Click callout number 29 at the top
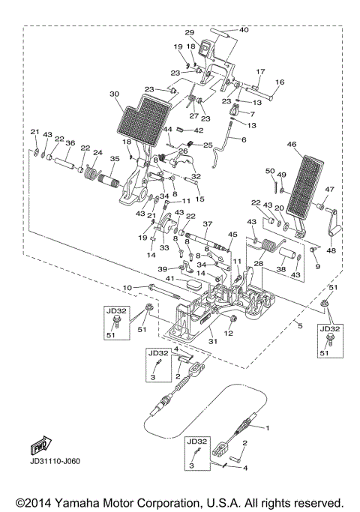(x=189, y=32)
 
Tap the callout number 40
(x=244, y=30)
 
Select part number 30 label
(x=114, y=94)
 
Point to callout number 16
(x=280, y=82)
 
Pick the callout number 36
(x=70, y=143)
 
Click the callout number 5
(x=298, y=326)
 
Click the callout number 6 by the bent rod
(x=243, y=140)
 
